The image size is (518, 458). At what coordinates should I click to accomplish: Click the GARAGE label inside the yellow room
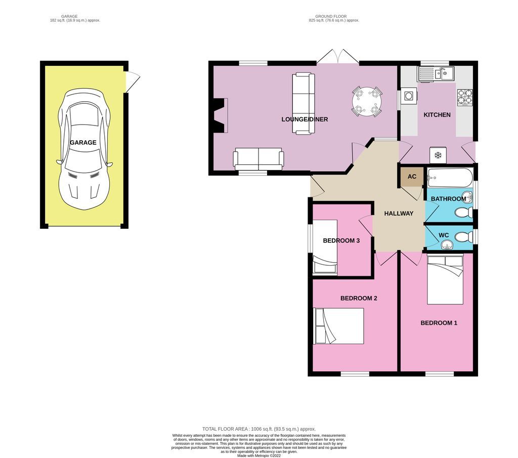point(83,143)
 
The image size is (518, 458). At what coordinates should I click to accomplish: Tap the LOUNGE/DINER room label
point(305,119)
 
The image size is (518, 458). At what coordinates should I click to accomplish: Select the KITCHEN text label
point(437,115)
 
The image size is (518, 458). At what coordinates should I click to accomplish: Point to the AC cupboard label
point(412,177)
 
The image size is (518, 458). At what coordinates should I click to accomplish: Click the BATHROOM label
point(448,199)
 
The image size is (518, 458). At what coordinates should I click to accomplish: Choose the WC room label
point(444,235)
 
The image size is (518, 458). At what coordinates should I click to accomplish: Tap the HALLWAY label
point(398,214)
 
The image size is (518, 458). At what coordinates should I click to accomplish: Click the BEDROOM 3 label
point(341,240)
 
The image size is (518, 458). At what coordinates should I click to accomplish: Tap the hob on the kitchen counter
point(464,96)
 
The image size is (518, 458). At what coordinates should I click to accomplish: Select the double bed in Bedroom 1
point(445,280)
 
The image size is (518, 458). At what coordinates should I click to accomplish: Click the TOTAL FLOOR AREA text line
point(258,428)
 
